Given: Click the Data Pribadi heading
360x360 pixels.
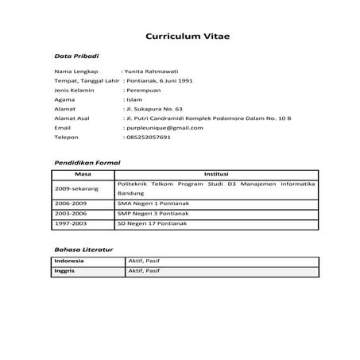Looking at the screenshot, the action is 76,57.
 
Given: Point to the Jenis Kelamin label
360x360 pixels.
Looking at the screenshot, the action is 74,91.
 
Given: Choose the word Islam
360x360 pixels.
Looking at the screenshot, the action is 134,100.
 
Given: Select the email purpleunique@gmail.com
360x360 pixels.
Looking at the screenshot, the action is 163,127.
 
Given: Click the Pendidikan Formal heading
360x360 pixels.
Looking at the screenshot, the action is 87,162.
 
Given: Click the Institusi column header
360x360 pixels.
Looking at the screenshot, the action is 216,172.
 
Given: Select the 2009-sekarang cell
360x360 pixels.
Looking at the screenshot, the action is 77,189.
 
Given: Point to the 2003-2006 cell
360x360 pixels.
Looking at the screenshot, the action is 71,214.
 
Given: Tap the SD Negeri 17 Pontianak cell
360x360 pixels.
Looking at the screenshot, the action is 158,223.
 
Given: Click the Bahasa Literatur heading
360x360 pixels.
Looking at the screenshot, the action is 83,250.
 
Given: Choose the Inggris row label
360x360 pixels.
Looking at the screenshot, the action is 64,271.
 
